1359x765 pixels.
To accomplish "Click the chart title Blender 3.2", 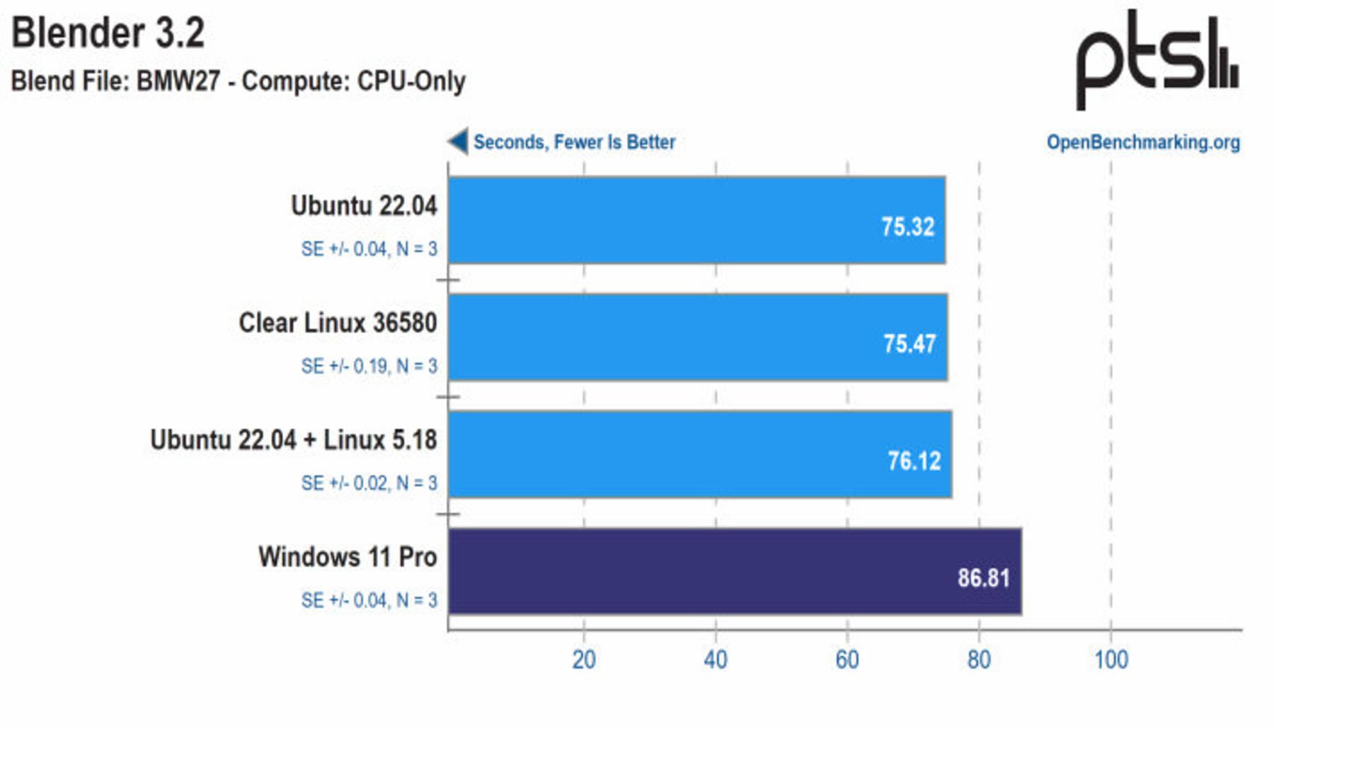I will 108,33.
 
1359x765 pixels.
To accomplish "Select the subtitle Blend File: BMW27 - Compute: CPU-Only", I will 238,81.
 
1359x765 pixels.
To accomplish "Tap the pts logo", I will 1156,59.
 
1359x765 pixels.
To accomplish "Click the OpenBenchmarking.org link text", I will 1142,142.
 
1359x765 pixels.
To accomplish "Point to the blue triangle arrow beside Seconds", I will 459,141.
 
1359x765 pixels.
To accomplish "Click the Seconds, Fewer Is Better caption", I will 574,142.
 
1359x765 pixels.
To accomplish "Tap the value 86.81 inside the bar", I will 983,578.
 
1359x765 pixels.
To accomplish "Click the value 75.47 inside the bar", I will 909,344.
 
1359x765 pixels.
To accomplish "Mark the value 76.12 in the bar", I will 914,461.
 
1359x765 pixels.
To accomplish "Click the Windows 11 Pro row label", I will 347,557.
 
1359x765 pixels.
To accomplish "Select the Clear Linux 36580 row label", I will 338,323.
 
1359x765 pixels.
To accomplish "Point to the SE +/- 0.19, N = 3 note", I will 369,366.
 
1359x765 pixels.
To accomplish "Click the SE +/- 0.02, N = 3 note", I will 369,483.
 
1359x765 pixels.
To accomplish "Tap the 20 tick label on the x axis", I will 584,660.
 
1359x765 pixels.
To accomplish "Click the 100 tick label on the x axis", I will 1111,660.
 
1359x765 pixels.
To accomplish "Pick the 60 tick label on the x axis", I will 847,660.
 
